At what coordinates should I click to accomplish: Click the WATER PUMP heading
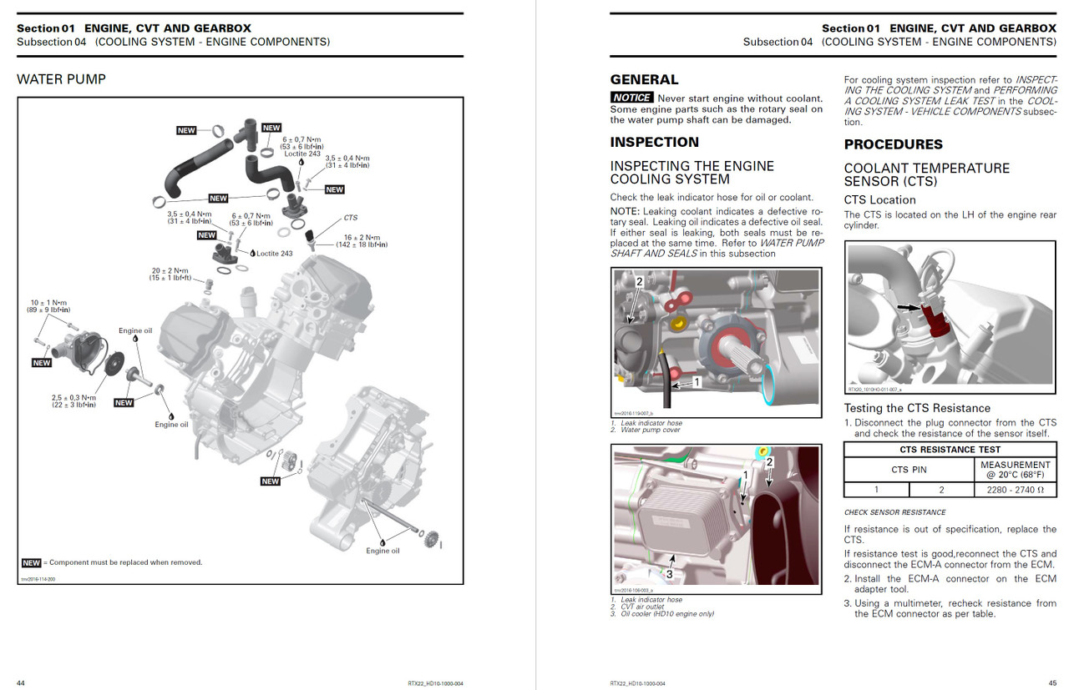[x=61, y=79]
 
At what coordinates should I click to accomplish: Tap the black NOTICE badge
[x=631, y=98]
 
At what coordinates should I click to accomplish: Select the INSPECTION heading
[x=654, y=142]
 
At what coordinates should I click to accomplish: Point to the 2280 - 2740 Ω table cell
[x=1016, y=491]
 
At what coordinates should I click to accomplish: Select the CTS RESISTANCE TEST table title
[x=950, y=450]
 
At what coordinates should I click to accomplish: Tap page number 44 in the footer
[x=21, y=683]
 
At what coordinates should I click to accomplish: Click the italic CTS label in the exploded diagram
[x=350, y=218]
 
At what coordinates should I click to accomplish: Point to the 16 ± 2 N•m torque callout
[x=361, y=241]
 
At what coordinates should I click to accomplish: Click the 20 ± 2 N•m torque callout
[x=170, y=274]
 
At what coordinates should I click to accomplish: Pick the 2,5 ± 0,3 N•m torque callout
[x=73, y=401]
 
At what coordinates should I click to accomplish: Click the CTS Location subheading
[x=879, y=200]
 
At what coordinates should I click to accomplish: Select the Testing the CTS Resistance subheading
[x=917, y=408]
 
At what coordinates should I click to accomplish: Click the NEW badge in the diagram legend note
[x=31, y=562]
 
